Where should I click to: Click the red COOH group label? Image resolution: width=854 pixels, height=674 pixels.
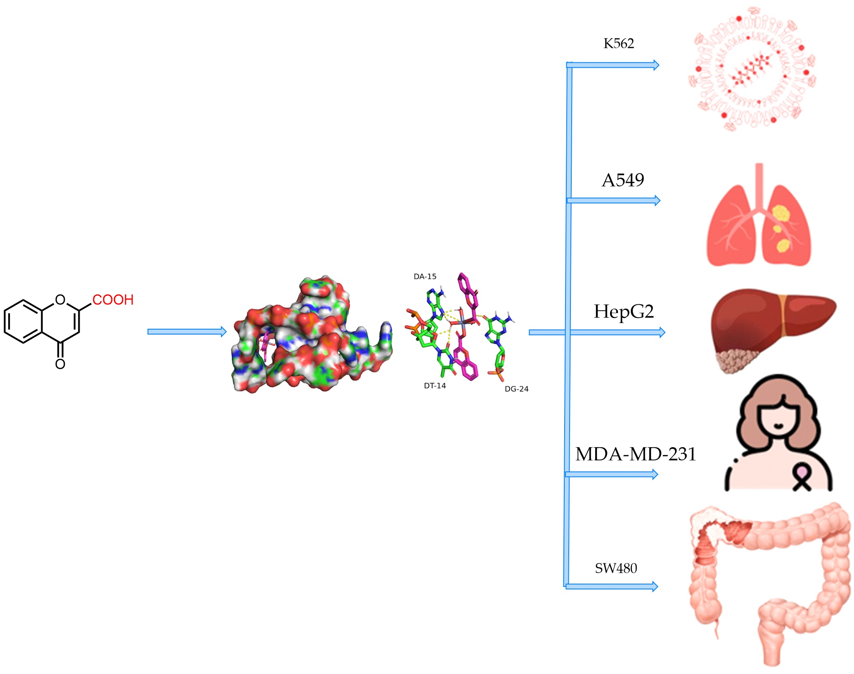pos(113,300)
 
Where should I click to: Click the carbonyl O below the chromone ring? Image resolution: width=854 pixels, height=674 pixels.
pos(60,364)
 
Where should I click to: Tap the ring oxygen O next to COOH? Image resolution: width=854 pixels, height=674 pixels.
pos(60,299)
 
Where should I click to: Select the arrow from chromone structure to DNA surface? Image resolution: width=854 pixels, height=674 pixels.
pos(187,332)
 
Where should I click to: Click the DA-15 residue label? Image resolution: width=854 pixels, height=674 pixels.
pos(425,277)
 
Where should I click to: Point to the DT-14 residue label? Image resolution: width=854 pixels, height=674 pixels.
pos(435,386)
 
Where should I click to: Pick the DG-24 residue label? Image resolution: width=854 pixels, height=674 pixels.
pos(516,389)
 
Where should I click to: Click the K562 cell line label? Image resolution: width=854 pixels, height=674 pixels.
pos(618,43)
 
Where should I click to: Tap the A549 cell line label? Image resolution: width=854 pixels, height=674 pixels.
pos(623,180)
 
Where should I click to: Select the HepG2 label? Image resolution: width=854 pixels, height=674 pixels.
pos(624,312)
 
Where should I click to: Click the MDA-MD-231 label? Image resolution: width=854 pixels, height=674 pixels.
pos(636,454)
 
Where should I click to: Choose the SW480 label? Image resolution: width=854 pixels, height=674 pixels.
pos(616,569)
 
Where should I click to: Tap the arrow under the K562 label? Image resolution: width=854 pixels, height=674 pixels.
pos(613,65)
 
